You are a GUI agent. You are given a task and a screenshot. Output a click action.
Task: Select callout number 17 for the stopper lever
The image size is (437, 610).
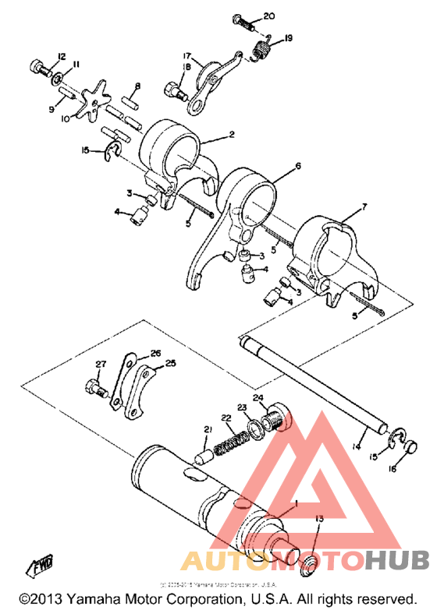point(187,56)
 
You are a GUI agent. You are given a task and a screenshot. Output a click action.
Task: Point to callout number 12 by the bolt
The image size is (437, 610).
point(61,55)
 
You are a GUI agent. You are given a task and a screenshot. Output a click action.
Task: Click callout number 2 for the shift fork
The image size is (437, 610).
point(231,135)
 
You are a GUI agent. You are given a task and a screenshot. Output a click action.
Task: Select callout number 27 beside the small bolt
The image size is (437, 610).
point(100,365)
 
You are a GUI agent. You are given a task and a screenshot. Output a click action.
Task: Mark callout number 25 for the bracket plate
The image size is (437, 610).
point(172,363)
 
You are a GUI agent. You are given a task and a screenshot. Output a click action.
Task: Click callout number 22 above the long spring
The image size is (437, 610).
point(226,418)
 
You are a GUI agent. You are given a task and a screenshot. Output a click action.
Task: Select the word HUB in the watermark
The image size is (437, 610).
point(396,560)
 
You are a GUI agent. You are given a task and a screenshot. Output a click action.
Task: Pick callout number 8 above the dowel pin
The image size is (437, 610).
point(137,86)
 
